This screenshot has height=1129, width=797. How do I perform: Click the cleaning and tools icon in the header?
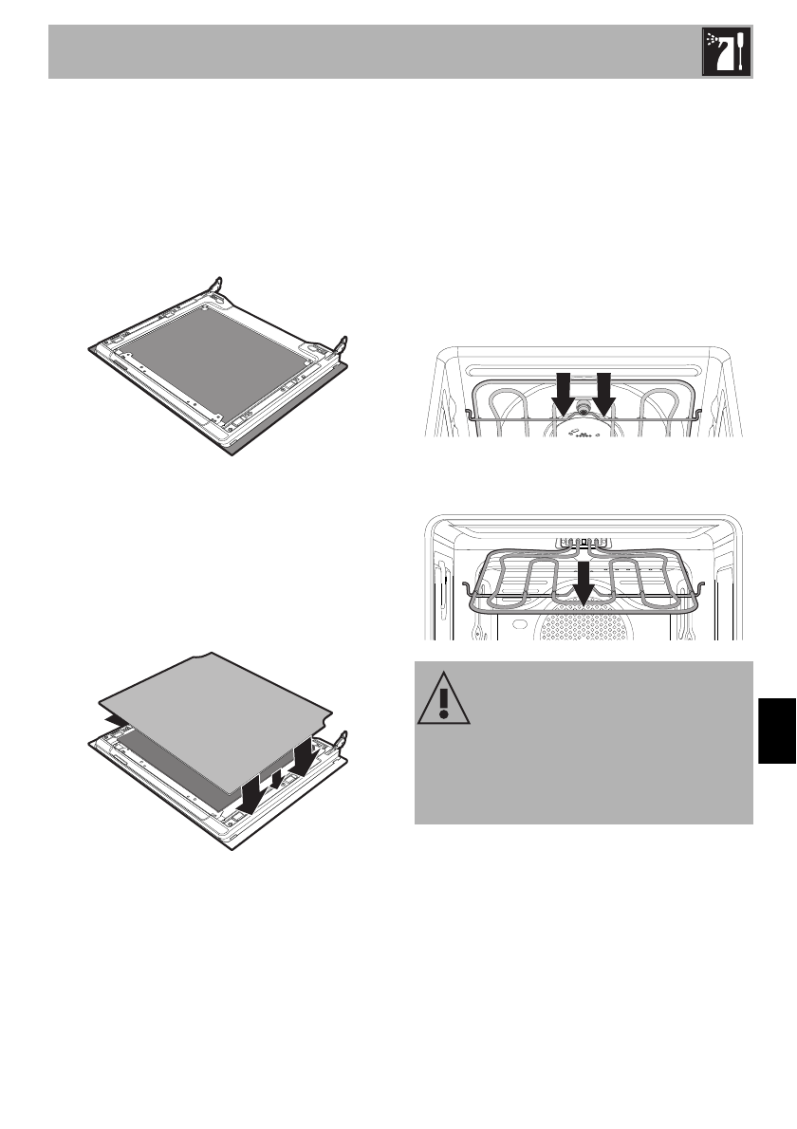coord(726,52)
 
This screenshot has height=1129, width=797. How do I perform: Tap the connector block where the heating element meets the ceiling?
coord(581,544)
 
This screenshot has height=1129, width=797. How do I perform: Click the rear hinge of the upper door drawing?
coord(216,284)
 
